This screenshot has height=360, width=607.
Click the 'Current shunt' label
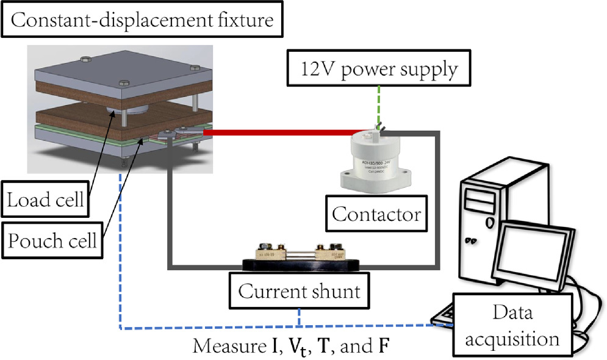pyautogui.click(x=299, y=292)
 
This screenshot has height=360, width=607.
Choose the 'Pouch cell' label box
pyautogui.click(x=52, y=241)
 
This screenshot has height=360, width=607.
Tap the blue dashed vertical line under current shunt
pyautogui.click(x=298, y=319)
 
